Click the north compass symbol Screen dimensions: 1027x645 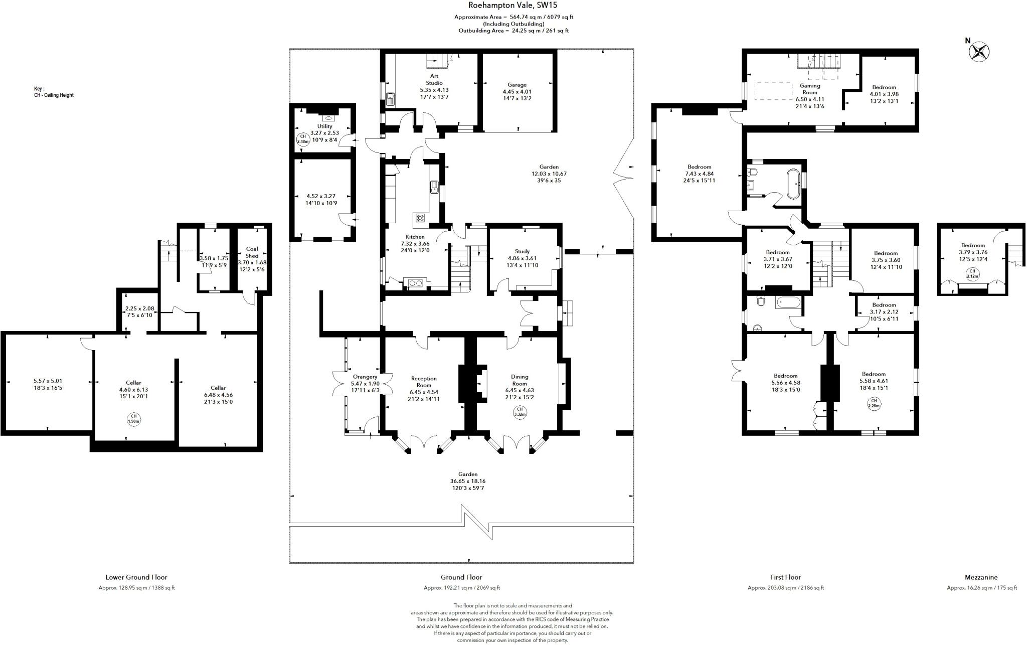pos(979,52)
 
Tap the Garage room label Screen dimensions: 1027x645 pos(517,85)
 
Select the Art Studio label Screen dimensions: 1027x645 pos(434,80)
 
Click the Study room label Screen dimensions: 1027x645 pos(522,252)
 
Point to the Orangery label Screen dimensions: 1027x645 pos(365,377)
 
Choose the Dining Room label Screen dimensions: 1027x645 pos(520,380)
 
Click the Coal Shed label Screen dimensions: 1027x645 pos(252,252)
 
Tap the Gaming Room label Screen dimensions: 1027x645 pos(809,89)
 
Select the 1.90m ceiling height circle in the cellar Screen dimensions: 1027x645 pos(133,419)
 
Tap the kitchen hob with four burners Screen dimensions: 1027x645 pos(419,218)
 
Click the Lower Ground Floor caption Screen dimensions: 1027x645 pos(136,578)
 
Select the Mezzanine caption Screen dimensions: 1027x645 pos(981,578)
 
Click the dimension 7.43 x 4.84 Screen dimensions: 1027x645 pos(699,174)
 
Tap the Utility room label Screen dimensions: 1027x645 pos(324,126)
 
